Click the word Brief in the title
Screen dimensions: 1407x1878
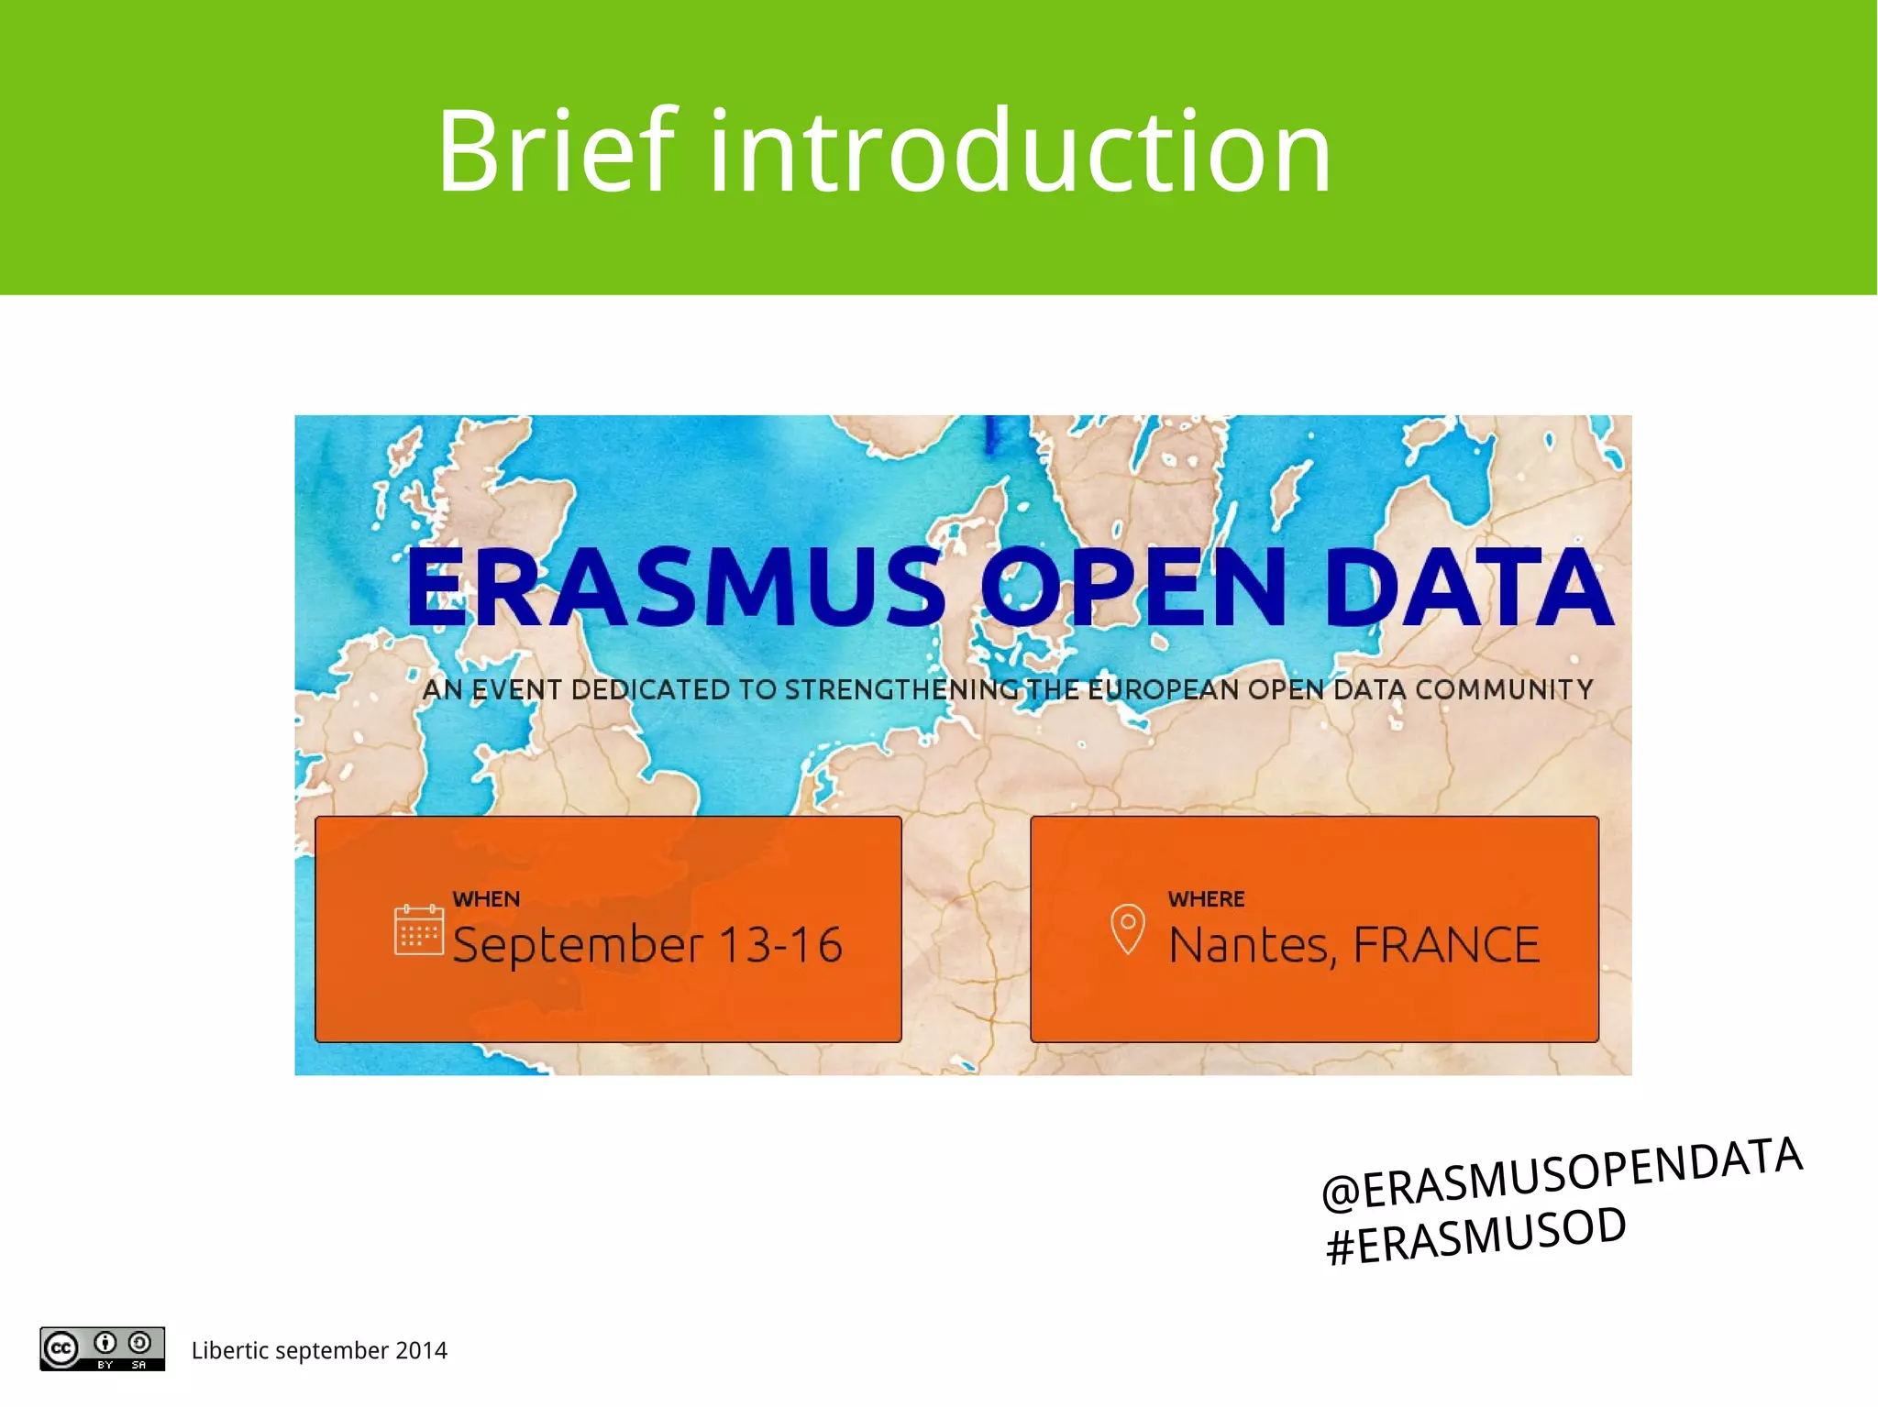(556, 151)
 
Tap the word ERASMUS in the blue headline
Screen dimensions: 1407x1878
(676, 588)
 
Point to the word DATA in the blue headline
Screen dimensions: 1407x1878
(1467, 588)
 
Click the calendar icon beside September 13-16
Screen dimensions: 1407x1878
(418, 929)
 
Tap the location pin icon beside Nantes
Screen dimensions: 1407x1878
(1127, 929)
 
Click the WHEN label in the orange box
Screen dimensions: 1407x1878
(486, 899)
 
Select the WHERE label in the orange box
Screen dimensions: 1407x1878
(1206, 899)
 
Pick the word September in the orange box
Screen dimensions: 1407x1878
(578, 945)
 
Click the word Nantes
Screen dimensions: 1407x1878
(1252, 945)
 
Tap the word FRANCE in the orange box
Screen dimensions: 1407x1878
(1446, 945)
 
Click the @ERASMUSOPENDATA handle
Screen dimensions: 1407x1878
(1562, 1173)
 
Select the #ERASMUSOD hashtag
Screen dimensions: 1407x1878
(1475, 1237)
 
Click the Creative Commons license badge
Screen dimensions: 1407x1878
(102, 1348)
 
